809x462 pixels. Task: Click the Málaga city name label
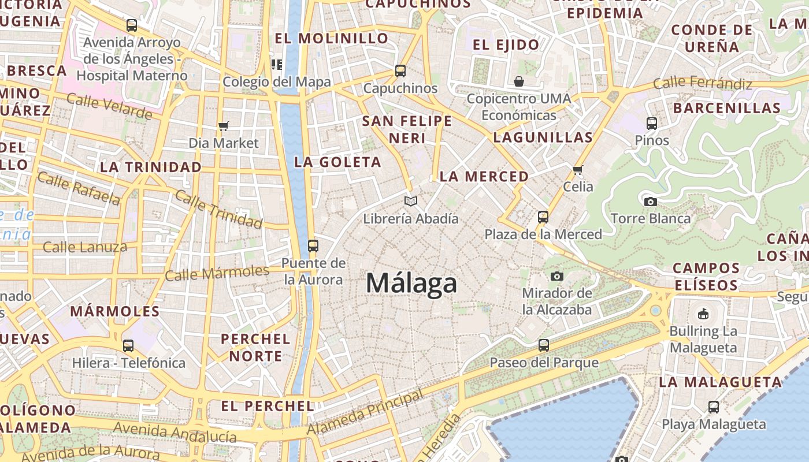(x=411, y=284)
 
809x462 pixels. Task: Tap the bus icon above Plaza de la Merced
(x=543, y=217)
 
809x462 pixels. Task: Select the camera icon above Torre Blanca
(x=650, y=202)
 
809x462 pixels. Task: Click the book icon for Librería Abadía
(x=411, y=201)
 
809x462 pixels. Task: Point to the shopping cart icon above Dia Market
(x=224, y=126)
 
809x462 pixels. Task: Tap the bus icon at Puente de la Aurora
(x=313, y=246)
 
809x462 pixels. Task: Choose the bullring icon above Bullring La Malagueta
(x=703, y=314)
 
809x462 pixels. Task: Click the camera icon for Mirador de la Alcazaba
(x=557, y=276)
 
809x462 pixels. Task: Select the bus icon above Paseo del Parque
(x=544, y=345)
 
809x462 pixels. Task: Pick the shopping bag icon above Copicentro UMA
(x=518, y=81)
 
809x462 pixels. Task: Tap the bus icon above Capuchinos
(x=400, y=71)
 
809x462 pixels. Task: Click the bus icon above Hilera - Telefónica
(x=128, y=346)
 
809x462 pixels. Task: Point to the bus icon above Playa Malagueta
(x=714, y=407)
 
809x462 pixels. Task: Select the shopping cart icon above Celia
(x=577, y=169)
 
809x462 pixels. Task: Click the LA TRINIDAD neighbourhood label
(x=151, y=167)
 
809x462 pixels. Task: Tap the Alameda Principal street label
(x=365, y=414)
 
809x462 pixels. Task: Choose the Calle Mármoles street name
(x=217, y=273)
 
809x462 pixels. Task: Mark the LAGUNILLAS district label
(x=543, y=137)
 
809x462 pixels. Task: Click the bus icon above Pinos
(x=652, y=123)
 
